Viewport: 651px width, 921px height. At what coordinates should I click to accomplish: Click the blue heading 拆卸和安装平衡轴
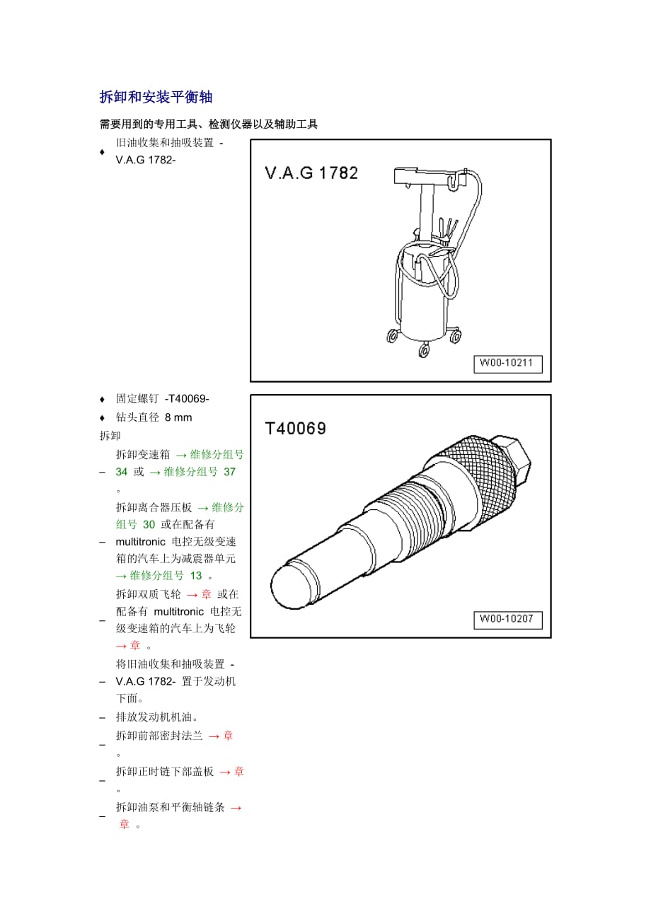(x=156, y=97)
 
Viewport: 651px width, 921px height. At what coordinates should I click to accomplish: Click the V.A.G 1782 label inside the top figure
(x=311, y=173)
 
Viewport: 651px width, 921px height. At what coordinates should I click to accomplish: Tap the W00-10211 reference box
(x=508, y=364)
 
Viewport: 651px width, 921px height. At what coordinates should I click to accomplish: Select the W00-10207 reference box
(x=508, y=620)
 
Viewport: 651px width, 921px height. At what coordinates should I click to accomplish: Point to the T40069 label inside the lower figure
(x=296, y=429)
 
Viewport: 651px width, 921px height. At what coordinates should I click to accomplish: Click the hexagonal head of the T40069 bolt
(x=513, y=458)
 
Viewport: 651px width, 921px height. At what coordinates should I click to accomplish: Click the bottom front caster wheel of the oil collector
(x=424, y=350)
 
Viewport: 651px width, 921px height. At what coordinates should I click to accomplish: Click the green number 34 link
(x=121, y=472)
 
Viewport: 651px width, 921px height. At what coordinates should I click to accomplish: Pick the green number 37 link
(x=229, y=472)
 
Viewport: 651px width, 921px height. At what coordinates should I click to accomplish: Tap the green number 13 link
(x=196, y=576)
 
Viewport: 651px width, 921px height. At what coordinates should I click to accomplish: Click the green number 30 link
(x=149, y=525)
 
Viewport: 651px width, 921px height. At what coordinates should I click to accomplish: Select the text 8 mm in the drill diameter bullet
(x=178, y=417)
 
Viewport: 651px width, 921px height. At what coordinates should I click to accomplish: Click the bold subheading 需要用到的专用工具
(x=149, y=124)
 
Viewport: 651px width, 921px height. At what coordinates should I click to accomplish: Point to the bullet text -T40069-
(x=187, y=398)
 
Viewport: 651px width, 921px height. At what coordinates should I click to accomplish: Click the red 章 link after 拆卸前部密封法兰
(x=228, y=736)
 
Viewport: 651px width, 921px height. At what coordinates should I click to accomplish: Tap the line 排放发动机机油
(x=156, y=717)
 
